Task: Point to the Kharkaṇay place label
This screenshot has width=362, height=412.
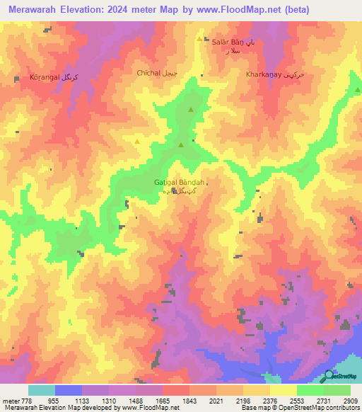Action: coord(274,74)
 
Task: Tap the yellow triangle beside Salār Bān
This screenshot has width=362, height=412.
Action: coord(199,40)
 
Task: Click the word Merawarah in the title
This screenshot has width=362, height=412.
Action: coord(34,9)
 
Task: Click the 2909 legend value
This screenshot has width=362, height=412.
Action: coord(350,400)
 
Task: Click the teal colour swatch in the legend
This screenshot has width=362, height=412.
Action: coord(41,390)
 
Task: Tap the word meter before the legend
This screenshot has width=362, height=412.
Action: coord(9,400)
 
